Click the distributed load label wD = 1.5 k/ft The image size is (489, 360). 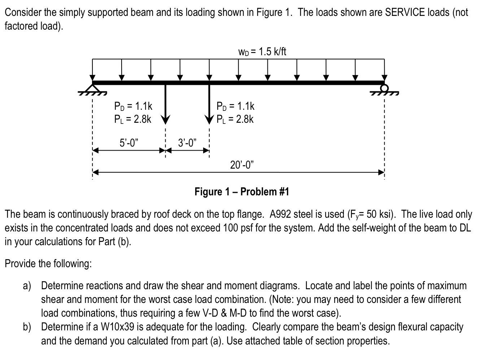coord(262,52)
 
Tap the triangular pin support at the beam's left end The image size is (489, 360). coord(93,89)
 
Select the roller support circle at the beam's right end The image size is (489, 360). coord(385,88)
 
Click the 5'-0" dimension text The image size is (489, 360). coord(128,143)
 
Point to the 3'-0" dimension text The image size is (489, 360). coord(188,143)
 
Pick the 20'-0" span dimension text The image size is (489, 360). coord(242,165)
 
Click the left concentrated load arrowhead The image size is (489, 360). coord(166,119)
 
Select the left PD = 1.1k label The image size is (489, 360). coord(133,106)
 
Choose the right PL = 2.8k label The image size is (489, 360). coord(235,119)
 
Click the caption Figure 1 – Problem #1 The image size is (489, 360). coord(242,191)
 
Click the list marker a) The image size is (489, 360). coord(27,286)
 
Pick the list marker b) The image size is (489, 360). coord(27,327)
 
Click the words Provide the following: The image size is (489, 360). coord(48,264)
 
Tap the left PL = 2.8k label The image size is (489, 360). coord(132,119)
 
